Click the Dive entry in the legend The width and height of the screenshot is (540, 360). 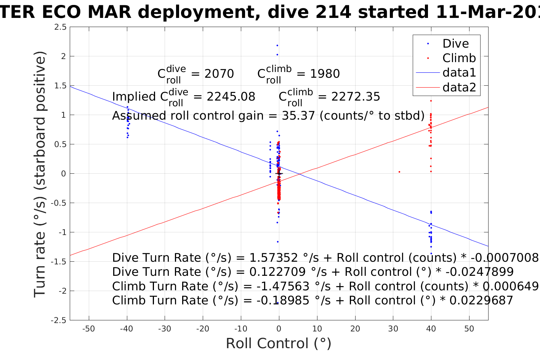(455, 44)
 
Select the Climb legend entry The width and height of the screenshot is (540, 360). (459, 58)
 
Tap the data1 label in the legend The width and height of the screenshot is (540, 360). (459, 73)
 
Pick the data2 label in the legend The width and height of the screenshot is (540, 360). (459, 88)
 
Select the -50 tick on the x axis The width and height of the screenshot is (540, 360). (88, 329)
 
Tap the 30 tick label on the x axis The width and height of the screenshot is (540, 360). (393, 329)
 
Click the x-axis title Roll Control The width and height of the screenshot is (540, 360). (279, 344)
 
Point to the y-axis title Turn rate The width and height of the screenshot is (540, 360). (40, 174)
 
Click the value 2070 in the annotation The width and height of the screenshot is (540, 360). (219, 74)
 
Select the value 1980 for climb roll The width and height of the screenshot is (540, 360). (325, 74)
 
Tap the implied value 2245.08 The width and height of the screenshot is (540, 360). (231, 97)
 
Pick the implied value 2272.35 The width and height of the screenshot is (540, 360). (356, 97)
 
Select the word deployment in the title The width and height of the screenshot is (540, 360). (198, 13)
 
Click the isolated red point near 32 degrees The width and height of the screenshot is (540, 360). (399, 172)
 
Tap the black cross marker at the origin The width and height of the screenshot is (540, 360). (279, 174)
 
